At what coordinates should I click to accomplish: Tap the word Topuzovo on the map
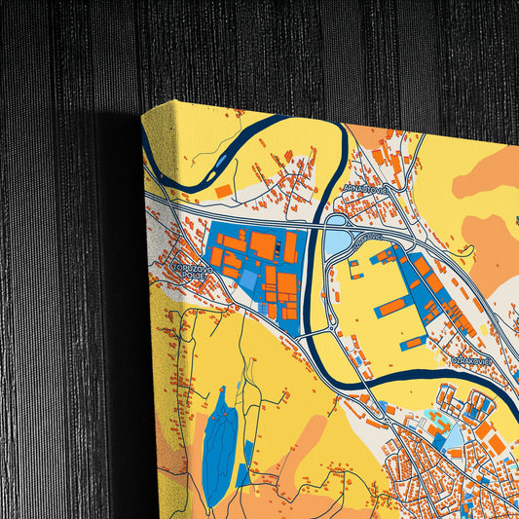[187, 266]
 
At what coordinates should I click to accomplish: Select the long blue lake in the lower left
[218, 438]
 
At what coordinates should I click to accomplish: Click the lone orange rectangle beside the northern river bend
[223, 189]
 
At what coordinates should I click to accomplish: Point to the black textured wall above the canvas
[292, 49]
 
